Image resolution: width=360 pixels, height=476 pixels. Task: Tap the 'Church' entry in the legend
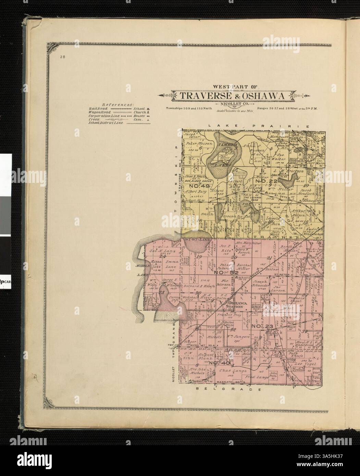[x=139, y=112]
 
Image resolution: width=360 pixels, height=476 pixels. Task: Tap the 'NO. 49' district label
[x=199, y=186]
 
